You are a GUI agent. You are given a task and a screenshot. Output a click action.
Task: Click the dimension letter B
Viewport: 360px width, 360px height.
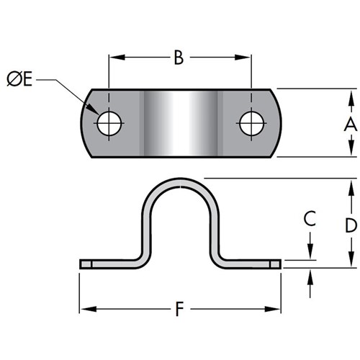(x=179, y=58)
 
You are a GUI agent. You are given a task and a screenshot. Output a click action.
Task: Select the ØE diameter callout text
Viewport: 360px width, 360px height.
(x=19, y=79)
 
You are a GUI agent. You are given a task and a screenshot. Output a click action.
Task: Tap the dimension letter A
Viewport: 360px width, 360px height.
(x=351, y=124)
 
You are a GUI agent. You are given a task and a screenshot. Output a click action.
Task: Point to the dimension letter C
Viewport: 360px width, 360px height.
(x=310, y=218)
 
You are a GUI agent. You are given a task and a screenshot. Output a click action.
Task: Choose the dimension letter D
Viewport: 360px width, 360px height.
(x=351, y=225)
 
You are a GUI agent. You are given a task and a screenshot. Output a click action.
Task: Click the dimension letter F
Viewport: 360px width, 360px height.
(x=179, y=309)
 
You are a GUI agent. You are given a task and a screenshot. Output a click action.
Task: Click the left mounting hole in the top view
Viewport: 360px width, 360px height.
(x=109, y=123)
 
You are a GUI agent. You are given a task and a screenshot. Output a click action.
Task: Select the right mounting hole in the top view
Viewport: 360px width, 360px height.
(x=251, y=123)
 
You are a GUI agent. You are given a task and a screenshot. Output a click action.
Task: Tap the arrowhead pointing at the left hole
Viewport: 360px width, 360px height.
(x=93, y=109)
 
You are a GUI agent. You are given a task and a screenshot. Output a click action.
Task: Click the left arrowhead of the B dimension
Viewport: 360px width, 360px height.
(x=117, y=58)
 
